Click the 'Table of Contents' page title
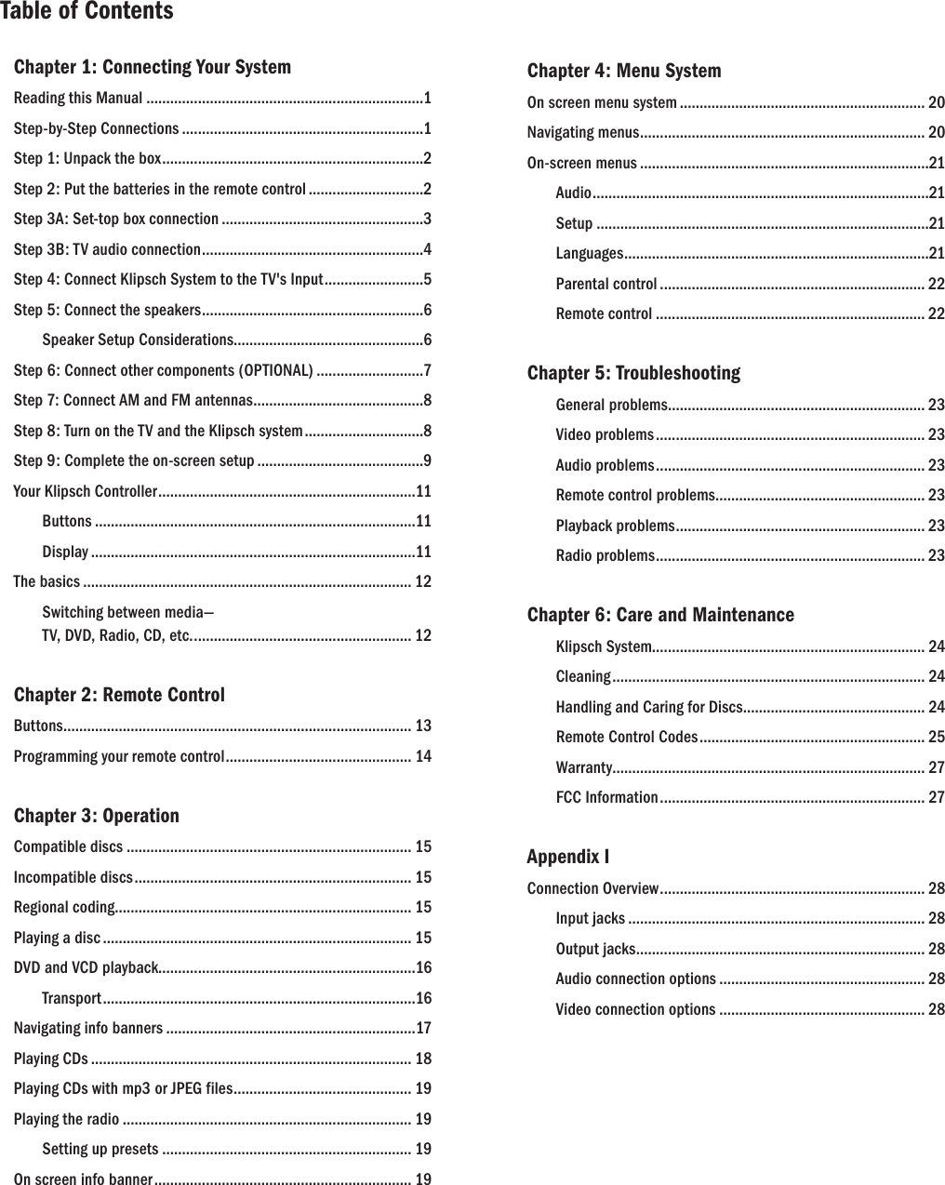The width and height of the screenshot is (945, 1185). [x=87, y=12]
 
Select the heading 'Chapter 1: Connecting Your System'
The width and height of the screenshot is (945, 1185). [x=153, y=67]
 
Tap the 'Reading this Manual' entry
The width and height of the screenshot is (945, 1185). [x=78, y=99]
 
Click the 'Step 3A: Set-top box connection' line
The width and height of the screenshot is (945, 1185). [x=116, y=220]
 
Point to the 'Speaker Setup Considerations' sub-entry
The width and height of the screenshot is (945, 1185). [x=137, y=340]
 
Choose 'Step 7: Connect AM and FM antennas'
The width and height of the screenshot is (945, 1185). [x=133, y=401]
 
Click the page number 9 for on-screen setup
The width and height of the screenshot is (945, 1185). [x=426, y=461]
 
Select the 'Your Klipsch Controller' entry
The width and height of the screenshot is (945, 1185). [x=86, y=491]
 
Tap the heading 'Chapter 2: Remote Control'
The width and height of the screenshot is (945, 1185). [x=119, y=695]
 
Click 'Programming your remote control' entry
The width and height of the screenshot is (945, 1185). [x=119, y=756]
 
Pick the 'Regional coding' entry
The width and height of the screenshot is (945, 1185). [x=64, y=908]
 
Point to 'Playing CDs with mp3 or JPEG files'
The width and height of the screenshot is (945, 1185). [x=124, y=1089]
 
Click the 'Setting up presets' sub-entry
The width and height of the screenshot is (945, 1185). [x=100, y=1150]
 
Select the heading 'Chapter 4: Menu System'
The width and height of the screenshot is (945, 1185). [x=624, y=71]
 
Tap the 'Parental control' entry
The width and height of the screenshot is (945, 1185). [x=606, y=284]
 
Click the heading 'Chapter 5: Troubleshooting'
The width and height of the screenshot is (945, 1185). [x=634, y=373]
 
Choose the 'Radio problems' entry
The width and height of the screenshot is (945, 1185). [x=605, y=556]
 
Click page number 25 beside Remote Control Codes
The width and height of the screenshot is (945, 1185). [x=936, y=738]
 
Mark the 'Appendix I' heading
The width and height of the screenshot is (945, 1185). [x=568, y=857]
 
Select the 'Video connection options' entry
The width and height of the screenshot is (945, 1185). [x=635, y=1010]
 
